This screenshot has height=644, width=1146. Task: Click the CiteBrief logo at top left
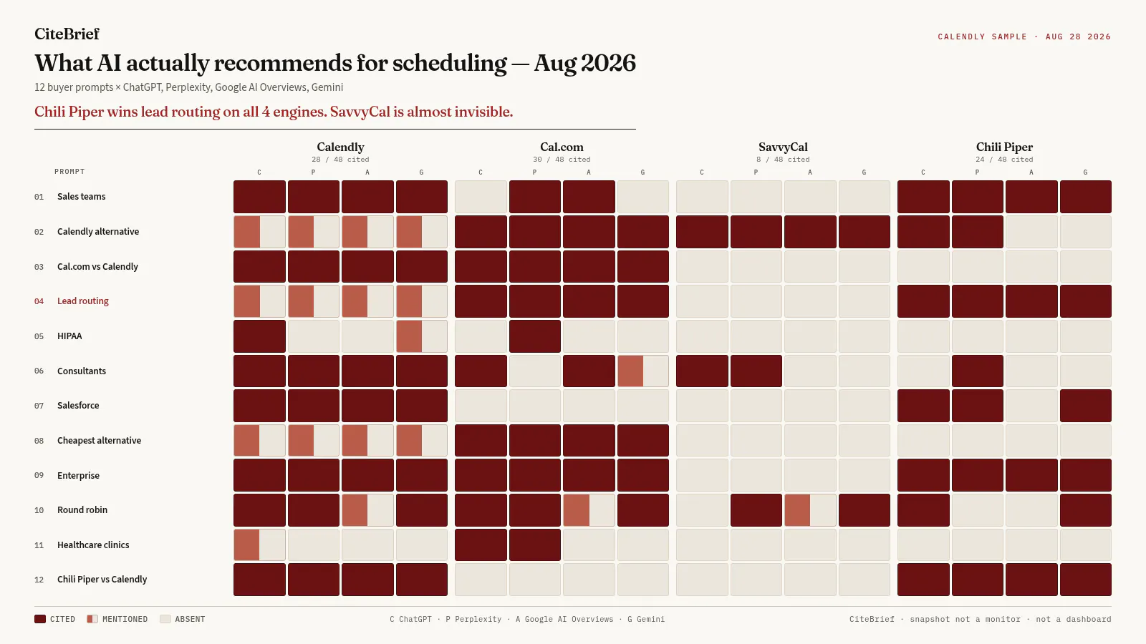[67, 34]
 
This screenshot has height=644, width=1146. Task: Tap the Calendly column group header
[340, 147]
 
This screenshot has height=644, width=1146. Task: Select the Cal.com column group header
[562, 147]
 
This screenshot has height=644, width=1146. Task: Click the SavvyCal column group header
[783, 147]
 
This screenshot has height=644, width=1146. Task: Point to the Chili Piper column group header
[1004, 147]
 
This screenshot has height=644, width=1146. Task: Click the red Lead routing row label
[83, 301]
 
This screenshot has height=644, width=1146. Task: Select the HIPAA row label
[69, 336]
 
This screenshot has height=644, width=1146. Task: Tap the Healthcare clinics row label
[93, 545]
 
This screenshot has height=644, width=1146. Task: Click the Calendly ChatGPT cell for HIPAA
[259, 336]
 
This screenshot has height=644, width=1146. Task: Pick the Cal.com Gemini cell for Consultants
[642, 371]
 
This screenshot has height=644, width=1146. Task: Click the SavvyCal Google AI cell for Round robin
[810, 510]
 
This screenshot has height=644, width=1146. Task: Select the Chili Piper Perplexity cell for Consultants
[977, 371]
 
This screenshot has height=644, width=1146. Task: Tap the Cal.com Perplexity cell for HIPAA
[534, 336]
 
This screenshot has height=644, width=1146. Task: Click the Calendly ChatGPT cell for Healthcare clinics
[259, 545]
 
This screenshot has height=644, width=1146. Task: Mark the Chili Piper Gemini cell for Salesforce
[1085, 406]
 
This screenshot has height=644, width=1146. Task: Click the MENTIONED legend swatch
[92, 619]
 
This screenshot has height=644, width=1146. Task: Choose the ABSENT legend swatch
[165, 619]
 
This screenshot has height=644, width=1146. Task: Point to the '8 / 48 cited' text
[783, 160]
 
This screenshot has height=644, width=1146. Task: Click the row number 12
[39, 580]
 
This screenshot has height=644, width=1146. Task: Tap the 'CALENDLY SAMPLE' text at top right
[982, 36]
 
